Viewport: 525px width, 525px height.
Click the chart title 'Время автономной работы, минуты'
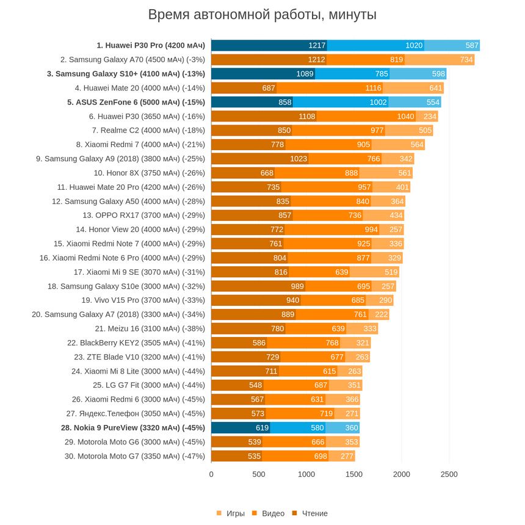tap(262, 15)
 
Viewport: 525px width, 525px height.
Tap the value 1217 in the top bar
tap(317, 45)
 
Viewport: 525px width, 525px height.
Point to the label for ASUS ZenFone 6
tap(136, 102)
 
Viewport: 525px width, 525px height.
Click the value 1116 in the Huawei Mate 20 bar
tap(373, 88)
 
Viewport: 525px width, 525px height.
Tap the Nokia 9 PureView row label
tap(132, 428)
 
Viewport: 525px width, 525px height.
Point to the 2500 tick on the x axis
tap(449, 474)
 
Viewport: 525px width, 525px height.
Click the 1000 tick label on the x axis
tap(306, 474)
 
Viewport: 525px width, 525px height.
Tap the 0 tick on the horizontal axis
tap(211, 474)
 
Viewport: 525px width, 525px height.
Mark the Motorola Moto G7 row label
tap(135, 456)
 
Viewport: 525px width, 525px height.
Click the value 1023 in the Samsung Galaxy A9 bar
tap(299, 159)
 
